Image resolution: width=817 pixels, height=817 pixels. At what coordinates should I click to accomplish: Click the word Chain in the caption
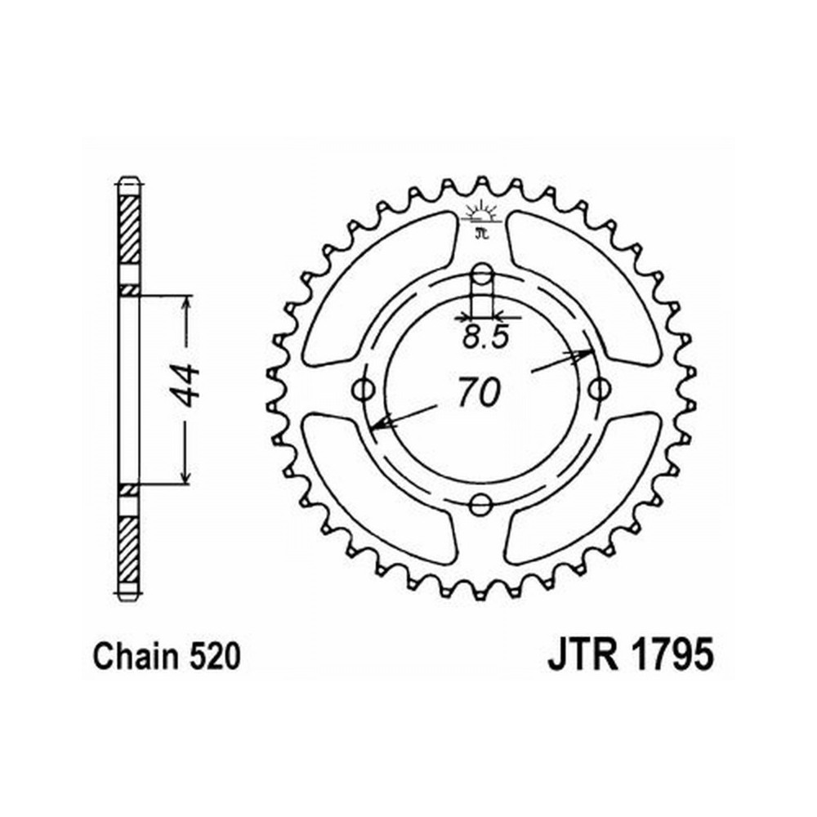pyautogui.click(x=136, y=656)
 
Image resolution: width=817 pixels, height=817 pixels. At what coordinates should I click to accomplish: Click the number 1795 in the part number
pyautogui.click(x=672, y=655)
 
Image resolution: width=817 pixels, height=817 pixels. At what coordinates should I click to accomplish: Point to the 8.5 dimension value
pyautogui.click(x=484, y=337)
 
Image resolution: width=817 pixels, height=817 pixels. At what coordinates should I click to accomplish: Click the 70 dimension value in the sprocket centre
pyautogui.click(x=480, y=392)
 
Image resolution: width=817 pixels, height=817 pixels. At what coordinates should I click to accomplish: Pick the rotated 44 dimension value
pyautogui.click(x=186, y=386)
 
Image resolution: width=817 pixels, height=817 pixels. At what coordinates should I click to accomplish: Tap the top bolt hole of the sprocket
pyautogui.click(x=483, y=273)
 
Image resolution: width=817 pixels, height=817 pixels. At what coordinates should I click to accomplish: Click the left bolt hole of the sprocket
pyautogui.click(x=364, y=389)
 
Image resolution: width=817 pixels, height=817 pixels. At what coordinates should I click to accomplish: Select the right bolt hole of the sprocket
pyautogui.click(x=600, y=388)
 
